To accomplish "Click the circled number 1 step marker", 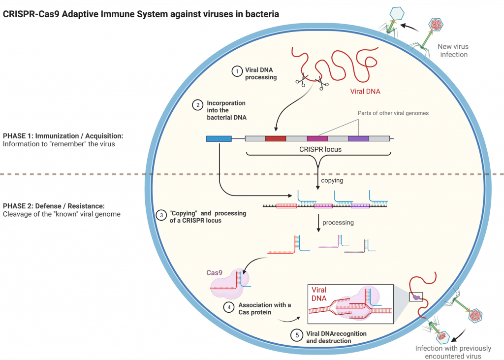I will point(237,71).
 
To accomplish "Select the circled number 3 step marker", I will point(160,215).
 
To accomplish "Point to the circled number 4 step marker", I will point(229,307).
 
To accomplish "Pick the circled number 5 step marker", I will point(296,335).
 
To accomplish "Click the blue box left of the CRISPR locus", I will point(219,139).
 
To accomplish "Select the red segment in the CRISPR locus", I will point(275,139).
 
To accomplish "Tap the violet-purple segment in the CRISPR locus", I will point(358,139).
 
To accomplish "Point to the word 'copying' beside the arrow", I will point(332,181).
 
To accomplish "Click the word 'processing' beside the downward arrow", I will point(338,223).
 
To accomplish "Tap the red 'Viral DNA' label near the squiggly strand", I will point(365,91).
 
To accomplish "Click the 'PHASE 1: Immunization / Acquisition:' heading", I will point(63,135).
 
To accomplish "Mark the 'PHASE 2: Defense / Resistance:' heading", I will point(54,205).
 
